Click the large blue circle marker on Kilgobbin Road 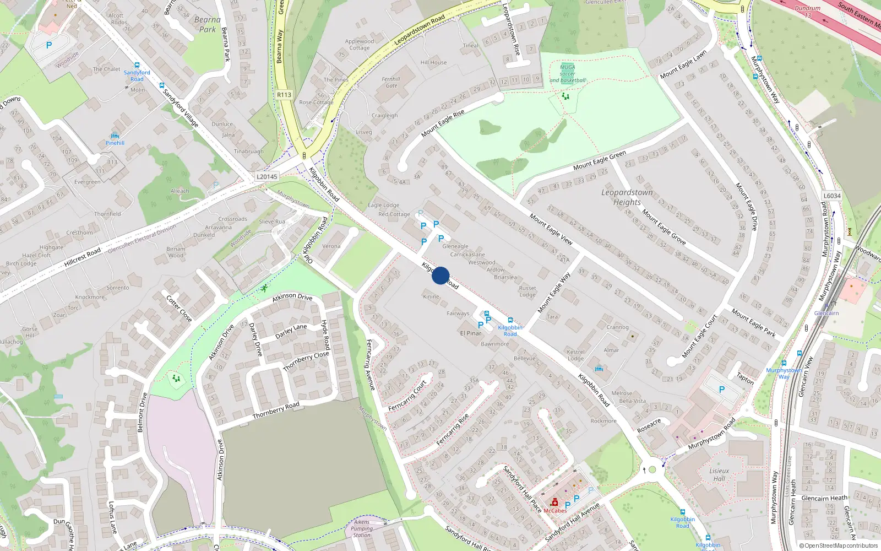[x=440, y=275]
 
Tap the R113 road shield [x=284, y=95]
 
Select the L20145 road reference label [x=267, y=177]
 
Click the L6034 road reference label [x=832, y=196]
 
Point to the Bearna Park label [x=208, y=24]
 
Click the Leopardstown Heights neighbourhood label [x=627, y=197]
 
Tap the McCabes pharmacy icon [x=554, y=503]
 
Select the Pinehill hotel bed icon [x=115, y=136]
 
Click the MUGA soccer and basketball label [x=567, y=74]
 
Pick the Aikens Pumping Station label [x=362, y=528]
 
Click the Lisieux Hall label [x=719, y=474]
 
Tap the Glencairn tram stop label [x=826, y=313]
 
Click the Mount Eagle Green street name [x=600, y=161]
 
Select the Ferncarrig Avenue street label [x=370, y=365]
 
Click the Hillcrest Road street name [x=83, y=257]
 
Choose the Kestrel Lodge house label [x=575, y=355]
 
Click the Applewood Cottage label [x=360, y=45]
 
